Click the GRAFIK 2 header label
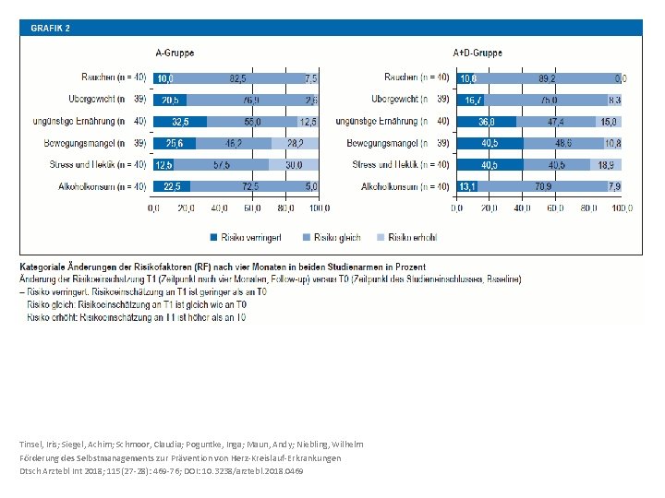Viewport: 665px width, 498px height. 51,28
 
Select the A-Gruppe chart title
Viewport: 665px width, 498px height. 174,53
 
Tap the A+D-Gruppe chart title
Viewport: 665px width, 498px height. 478,53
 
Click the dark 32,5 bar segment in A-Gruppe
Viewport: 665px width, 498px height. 181,122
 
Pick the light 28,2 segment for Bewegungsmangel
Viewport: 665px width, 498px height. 295,143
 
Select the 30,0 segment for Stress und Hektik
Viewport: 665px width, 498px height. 293,165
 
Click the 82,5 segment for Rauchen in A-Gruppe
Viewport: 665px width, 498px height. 237,78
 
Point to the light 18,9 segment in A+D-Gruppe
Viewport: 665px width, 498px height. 606,165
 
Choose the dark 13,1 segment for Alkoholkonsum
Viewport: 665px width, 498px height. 467,186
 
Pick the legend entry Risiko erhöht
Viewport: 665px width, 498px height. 412,237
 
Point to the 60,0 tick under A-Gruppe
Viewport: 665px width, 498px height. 253,207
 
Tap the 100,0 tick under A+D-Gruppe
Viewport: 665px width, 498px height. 620,207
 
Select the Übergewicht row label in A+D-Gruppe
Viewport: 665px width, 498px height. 396,100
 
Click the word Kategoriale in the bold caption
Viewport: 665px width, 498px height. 48,266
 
